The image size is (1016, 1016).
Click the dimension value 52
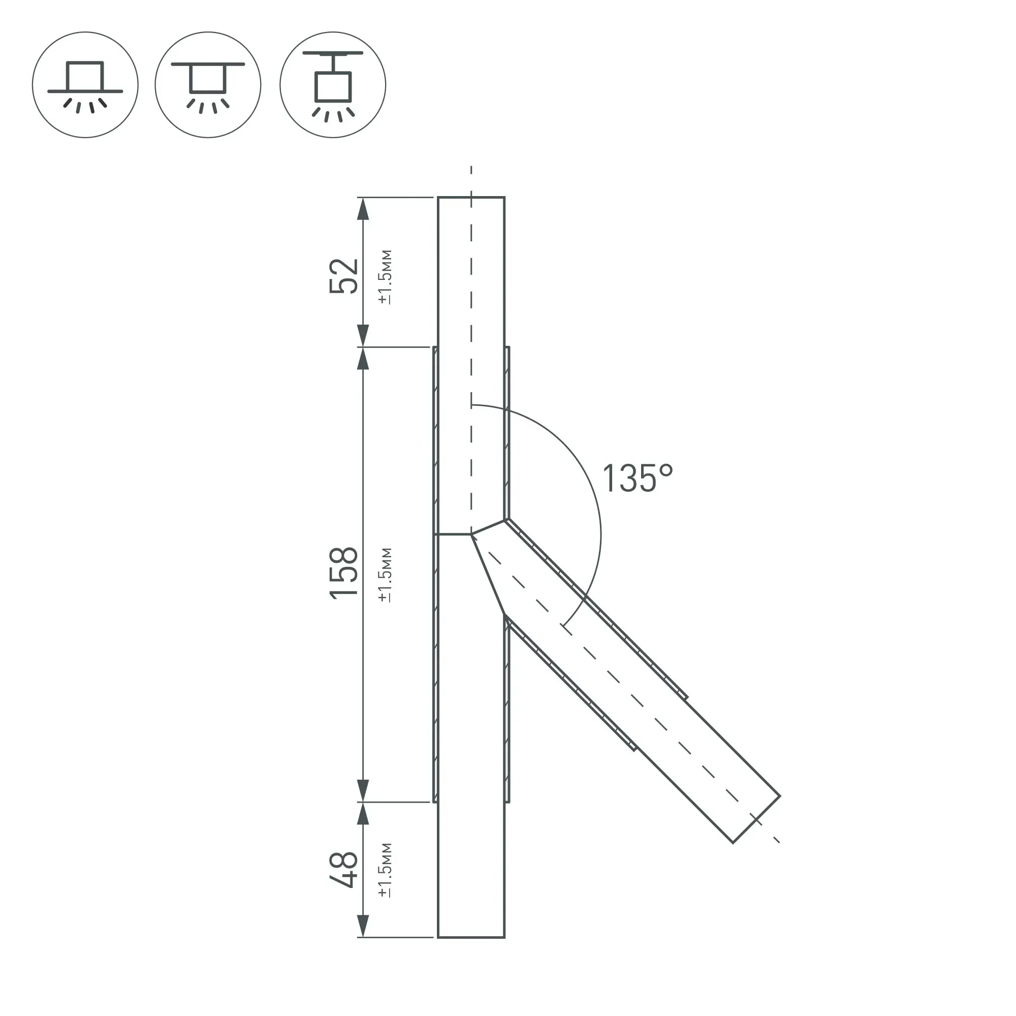(343, 276)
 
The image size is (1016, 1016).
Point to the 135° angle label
(638, 479)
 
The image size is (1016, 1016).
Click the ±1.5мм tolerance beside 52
(385, 277)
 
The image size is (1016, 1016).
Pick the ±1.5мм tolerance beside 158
(385, 575)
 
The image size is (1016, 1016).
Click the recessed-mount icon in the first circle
(85, 87)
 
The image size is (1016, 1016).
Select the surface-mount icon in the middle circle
(208, 87)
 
